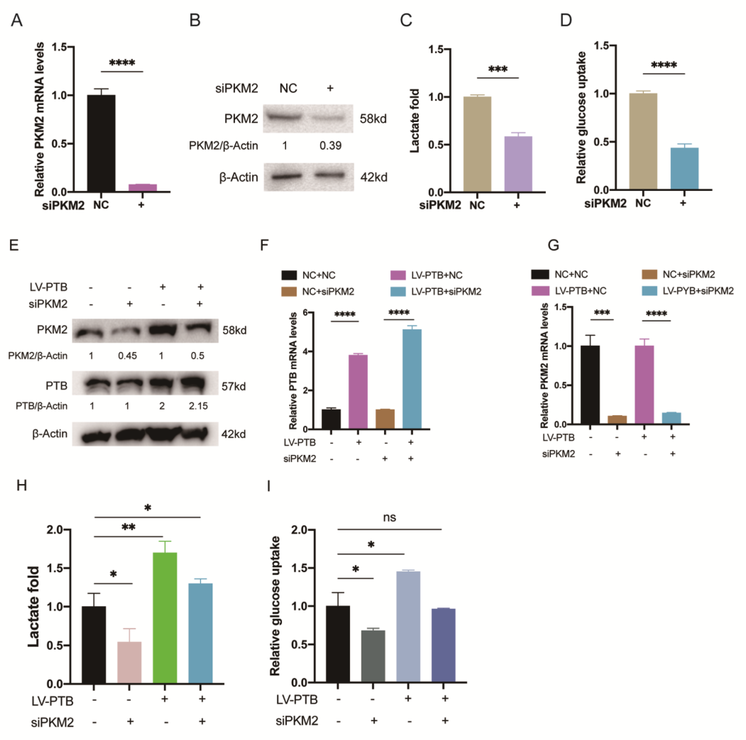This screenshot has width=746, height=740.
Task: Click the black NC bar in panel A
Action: coord(101,143)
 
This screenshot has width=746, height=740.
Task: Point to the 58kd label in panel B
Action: coord(373,118)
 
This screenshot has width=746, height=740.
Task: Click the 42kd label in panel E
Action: coord(233,434)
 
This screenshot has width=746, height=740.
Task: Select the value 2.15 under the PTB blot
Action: coord(198,406)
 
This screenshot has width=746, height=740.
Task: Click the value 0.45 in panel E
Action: coord(127,356)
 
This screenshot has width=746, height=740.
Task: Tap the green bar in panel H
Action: coord(165,618)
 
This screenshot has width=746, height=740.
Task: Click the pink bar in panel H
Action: coord(129,663)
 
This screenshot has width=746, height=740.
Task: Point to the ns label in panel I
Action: coord(389,517)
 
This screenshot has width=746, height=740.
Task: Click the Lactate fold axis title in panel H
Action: coord(34,606)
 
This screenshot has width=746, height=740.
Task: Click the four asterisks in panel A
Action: coord(122,63)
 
